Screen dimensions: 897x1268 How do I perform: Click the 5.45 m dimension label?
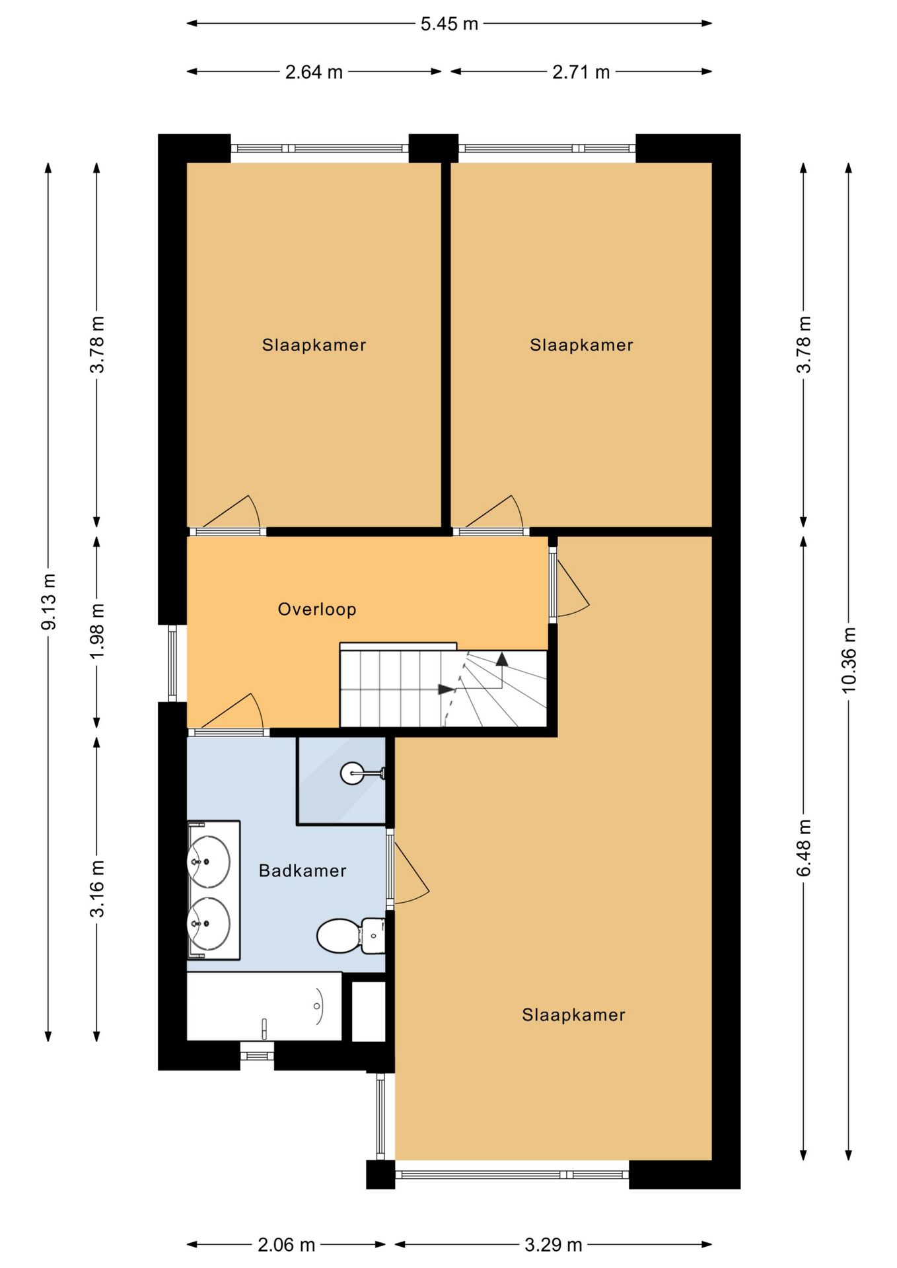tap(449, 24)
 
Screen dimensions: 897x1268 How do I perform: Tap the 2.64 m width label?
tap(314, 72)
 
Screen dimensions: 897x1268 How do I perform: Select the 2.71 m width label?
tap(581, 72)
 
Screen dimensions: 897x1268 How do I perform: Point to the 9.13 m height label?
tap(49, 601)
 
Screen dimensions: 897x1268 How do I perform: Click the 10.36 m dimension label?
tap(849, 660)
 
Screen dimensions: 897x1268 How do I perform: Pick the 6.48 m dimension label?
tap(804, 848)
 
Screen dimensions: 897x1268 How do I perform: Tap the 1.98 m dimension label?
tap(97, 631)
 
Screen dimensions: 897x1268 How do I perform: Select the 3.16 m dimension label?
tap(97, 888)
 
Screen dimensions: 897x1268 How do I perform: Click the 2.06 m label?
tap(286, 1245)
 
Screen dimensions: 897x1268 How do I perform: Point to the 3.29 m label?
tap(554, 1245)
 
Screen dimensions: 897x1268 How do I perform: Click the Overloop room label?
tap(317, 610)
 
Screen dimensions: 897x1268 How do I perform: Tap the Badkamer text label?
tap(303, 870)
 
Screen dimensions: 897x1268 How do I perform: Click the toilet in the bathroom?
tap(351, 936)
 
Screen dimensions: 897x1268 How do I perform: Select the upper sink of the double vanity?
tap(209, 861)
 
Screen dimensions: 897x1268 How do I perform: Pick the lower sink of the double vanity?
tap(209, 923)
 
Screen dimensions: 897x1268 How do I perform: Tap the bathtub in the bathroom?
tap(264, 1006)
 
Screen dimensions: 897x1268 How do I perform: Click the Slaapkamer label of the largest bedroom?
tap(573, 1015)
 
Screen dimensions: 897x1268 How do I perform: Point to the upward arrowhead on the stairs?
tap(502, 658)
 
